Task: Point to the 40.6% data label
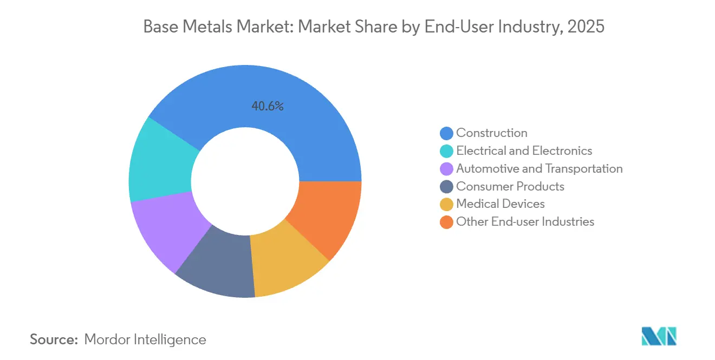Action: pyautogui.click(x=268, y=107)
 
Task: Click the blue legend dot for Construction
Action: pyautogui.click(x=447, y=133)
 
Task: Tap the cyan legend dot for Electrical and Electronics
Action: pyautogui.click(x=447, y=151)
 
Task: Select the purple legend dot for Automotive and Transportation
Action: pyautogui.click(x=447, y=169)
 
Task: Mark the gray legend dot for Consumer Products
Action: pyautogui.click(x=447, y=187)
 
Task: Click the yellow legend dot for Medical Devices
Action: pyautogui.click(x=447, y=204)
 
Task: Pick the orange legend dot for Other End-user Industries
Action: pyautogui.click(x=447, y=222)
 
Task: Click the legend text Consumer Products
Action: pyautogui.click(x=510, y=187)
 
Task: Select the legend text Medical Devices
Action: pyautogui.click(x=500, y=204)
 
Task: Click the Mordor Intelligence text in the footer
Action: pyautogui.click(x=145, y=340)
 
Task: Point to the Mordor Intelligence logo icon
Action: pyautogui.click(x=659, y=336)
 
